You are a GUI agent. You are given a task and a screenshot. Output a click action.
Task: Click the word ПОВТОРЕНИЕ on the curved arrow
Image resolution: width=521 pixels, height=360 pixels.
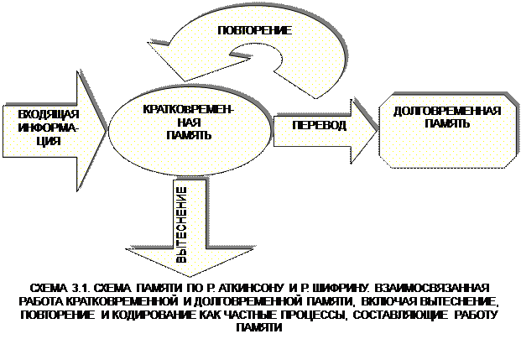click(254, 30)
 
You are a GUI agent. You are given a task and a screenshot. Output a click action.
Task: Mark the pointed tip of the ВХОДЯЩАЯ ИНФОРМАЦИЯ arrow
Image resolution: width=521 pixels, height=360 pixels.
click(106, 130)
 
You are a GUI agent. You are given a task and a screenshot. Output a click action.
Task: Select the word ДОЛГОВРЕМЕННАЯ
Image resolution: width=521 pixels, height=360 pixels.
click(446, 111)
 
